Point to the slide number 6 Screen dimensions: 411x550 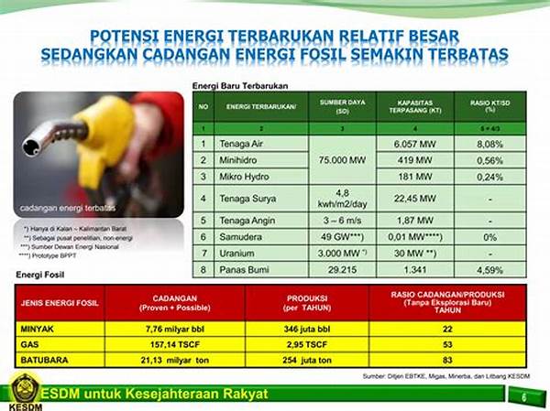click(523, 395)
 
